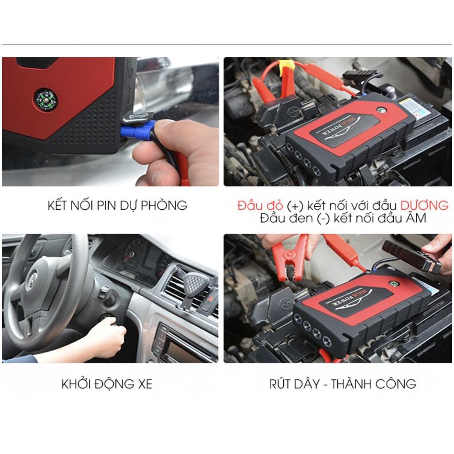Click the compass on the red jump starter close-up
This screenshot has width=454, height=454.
click(46, 100)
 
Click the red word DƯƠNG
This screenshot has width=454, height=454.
click(424, 205)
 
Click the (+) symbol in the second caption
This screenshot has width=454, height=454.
click(295, 206)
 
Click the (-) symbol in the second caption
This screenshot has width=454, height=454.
click(323, 219)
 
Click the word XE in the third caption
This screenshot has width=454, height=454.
click(145, 384)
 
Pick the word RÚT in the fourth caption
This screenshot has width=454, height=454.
click(281, 384)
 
